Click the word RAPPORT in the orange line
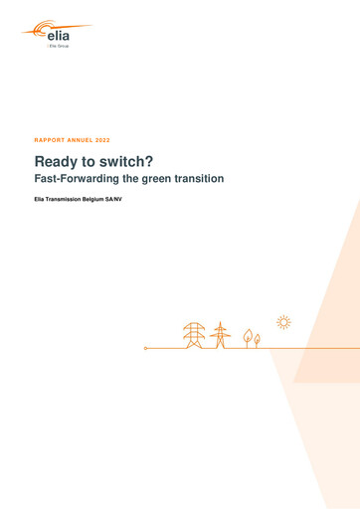51,140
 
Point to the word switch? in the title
110,160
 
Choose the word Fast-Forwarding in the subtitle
79,179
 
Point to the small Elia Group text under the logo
59,47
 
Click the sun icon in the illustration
283,322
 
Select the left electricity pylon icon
193,335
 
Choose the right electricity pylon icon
220,336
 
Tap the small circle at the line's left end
145,348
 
